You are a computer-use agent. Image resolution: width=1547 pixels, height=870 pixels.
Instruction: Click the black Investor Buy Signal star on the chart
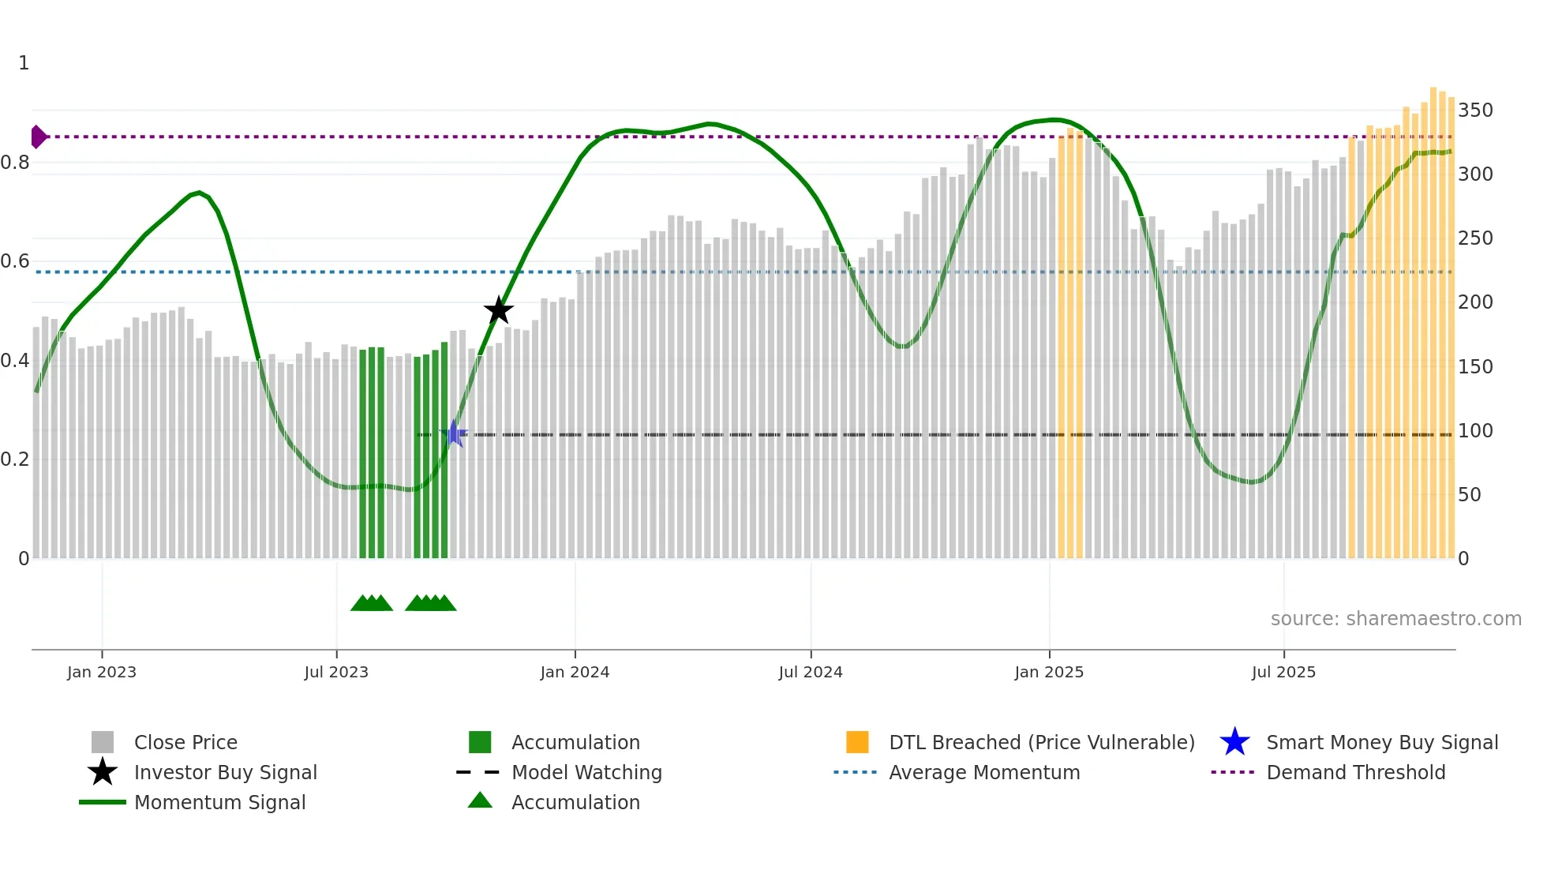point(499,311)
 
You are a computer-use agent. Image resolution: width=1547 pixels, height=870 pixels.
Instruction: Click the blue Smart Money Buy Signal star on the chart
point(454,433)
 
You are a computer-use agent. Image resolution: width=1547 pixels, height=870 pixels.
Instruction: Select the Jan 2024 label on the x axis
point(575,672)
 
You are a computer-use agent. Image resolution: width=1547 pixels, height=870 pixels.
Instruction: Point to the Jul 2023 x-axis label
point(336,672)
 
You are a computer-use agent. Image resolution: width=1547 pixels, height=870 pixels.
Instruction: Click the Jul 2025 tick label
point(1283,672)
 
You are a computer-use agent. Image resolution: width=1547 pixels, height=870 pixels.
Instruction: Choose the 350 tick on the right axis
point(1475,110)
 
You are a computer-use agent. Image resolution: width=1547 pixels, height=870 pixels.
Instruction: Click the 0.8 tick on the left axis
point(15,163)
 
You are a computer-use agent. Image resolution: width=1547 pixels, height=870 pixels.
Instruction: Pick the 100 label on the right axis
point(1475,431)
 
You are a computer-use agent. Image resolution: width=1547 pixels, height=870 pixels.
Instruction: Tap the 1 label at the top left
point(24,63)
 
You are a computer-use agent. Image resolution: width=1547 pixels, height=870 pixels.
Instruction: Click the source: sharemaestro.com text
point(1395,619)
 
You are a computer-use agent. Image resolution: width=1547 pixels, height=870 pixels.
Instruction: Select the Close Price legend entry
point(185,742)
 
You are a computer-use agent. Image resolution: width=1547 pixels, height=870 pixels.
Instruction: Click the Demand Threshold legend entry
point(1355,772)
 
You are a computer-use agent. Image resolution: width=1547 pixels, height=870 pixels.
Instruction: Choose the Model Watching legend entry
point(586,772)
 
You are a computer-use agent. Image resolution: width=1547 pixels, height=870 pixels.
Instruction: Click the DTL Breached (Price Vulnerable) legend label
point(1041,742)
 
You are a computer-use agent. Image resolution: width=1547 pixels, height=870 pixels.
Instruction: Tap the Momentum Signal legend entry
point(219,802)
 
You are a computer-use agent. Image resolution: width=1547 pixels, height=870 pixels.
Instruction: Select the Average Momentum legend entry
point(983,772)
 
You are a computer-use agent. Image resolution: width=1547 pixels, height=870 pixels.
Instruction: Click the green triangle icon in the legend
point(480,801)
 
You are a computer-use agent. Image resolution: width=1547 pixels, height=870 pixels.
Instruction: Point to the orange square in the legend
point(857,742)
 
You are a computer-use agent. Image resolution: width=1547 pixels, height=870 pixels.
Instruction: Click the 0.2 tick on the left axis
point(15,459)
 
